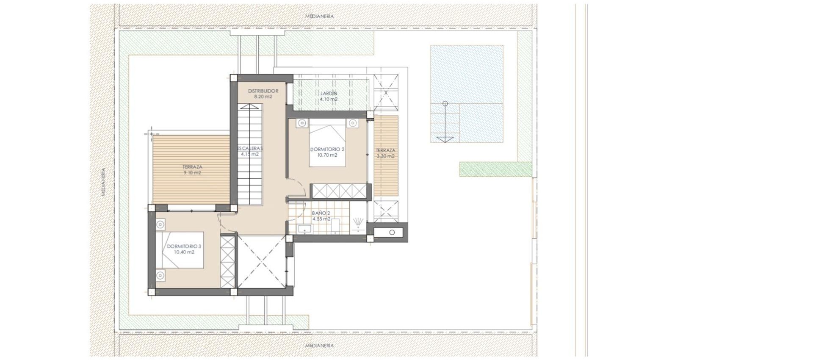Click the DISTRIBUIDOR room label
coord(263,91)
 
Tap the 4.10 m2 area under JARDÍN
coord(329,100)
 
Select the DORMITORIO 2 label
coord(327,150)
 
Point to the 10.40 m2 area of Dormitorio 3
coord(184,252)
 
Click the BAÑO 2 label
coord(321,213)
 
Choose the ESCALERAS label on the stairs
coord(250,149)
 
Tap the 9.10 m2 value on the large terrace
coord(192,173)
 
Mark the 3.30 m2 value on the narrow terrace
coord(385,156)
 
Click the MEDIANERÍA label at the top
coord(319,16)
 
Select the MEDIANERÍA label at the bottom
coord(319,346)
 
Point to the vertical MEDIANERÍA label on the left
coord(103,182)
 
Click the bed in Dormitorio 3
coord(182,250)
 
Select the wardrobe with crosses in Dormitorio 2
coord(339,191)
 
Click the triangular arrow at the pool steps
coord(445,139)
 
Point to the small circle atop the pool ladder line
coord(445,103)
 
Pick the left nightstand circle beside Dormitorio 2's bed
coord(302,123)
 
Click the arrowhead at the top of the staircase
coord(250,108)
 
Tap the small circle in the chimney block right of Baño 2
coord(392,233)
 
